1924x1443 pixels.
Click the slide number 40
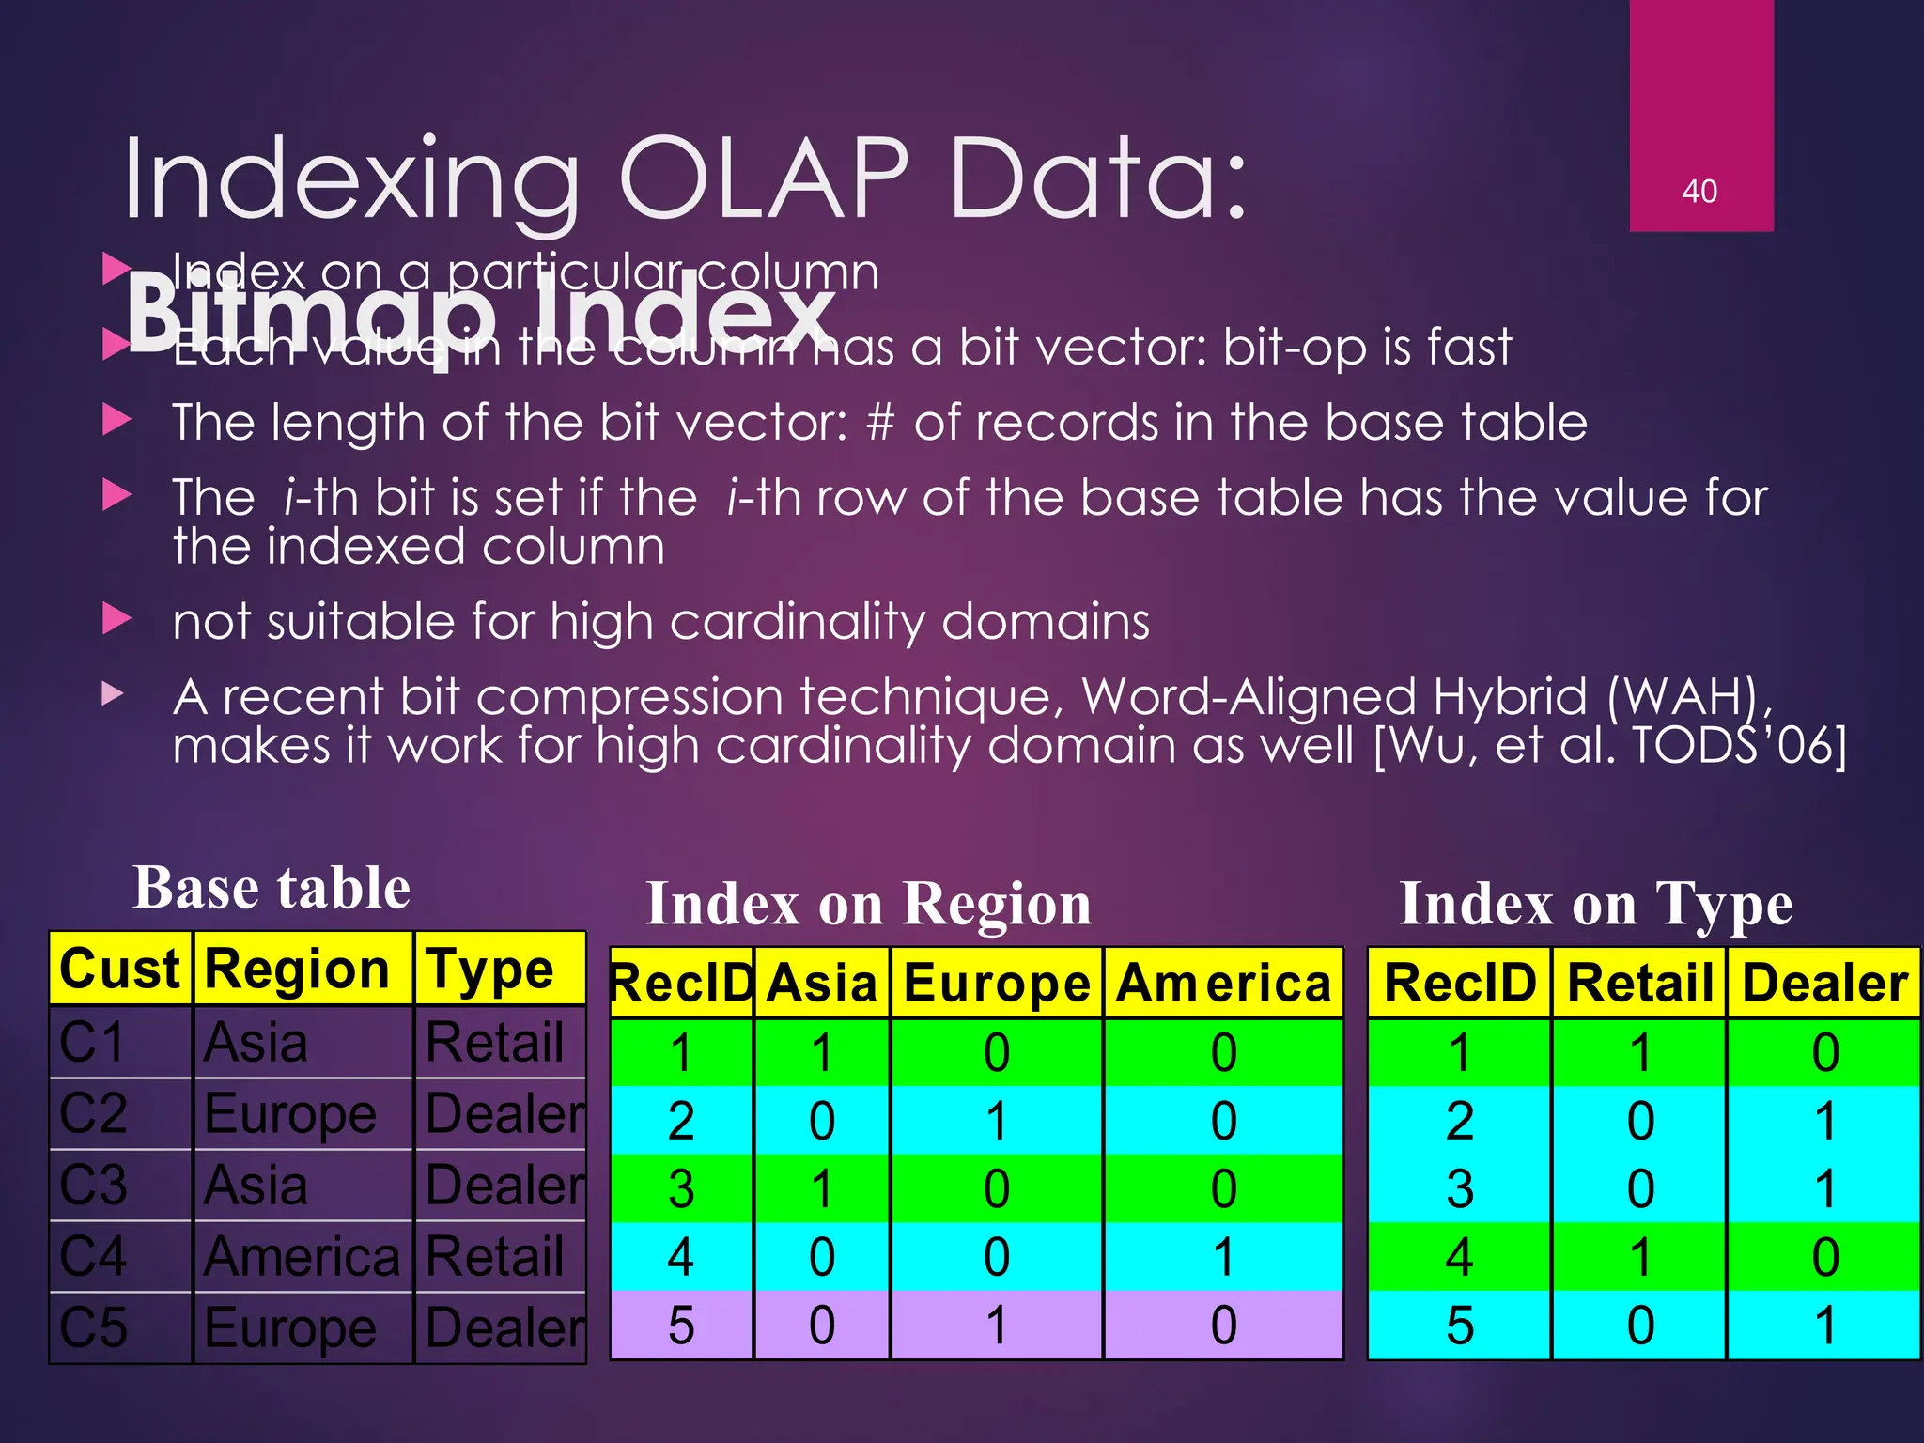pyautogui.click(x=1699, y=192)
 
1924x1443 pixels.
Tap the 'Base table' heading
pyautogui.click(x=272, y=888)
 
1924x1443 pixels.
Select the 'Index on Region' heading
pyautogui.click(x=869, y=904)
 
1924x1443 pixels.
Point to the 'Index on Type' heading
pyautogui.click(x=1596, y=904)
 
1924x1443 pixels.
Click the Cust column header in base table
pyautogui.click(x=119, y=969)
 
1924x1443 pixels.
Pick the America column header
pyautogui.click(x=1223, y=984)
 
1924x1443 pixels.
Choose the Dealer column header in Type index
pyautogui.click(x=1824, y=984)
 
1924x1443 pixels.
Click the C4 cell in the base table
pyautogui.click(x=93, y=1256)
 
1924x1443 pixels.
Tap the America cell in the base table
pyautogui.click(x=302, y=1256)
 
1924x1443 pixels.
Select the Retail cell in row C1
pyautogui.click(x=495, y=1042)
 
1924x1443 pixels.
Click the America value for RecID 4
pyautogui.click(x=1223, y=1257)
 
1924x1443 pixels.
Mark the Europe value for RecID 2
pyautogui.click(x=997, y=1121)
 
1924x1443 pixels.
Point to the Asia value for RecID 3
pyautogui.click(x=822, y=1189)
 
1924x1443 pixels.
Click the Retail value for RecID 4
pyautogui.click(x=1640, y=1257)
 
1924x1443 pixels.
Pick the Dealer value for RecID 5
pyautogui.click(x=1824, y=1326)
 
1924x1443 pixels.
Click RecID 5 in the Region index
pyautogui.click(x=681, y=1326)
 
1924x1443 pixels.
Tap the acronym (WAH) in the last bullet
pyautogui.click(x=1687, y=697)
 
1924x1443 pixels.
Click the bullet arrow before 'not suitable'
pyautogui.click(x=116, y=619)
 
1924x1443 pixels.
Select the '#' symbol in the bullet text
pyautogui.click(x=880, y=423)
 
